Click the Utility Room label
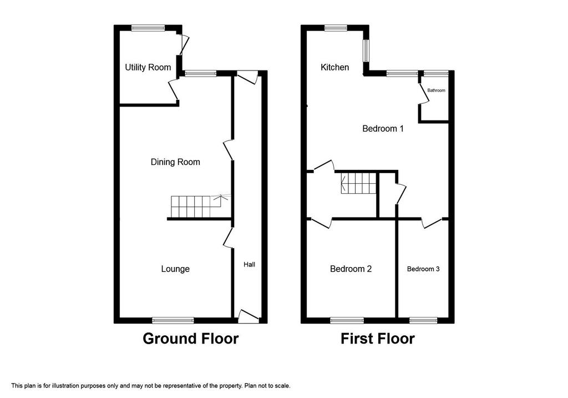click(x=148, y=67)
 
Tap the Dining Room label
click(x=175, y=162)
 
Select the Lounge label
click(x=175, y=269)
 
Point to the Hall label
click(x=249, y=265)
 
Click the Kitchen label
click(x=334, y=67)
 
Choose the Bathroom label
click(x=436, y=90)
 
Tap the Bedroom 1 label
click(x=383, y=129)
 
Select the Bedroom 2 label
click(x=351, y=269)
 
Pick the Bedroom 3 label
click(x=423, y=269)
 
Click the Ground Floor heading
click(x=191, y=339)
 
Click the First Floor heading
click(x=377, y=339)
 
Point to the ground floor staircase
click(x=196, y=206)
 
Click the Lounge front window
click(x=173, y=320)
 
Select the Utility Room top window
click(x=148, y=28)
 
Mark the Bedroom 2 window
click(x=347, y=320)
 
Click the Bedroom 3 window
click(x=423, y=320)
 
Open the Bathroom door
click(x=422, y=94)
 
